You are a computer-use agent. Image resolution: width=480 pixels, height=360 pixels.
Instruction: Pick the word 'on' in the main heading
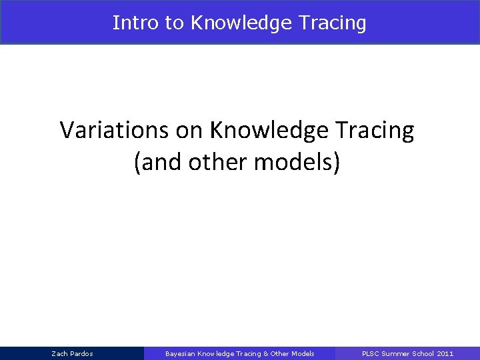190,130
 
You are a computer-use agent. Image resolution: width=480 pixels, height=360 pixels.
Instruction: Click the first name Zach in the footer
59,353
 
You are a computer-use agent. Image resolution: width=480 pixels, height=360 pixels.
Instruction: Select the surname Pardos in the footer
81,353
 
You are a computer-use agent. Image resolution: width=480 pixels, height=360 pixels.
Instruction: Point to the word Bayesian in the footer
180,353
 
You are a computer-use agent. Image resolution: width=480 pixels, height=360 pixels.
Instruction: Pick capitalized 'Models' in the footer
303,353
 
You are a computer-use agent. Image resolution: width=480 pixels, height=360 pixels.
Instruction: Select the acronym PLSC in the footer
370,353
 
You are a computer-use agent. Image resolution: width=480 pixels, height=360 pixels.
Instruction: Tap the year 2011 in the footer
445,353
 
